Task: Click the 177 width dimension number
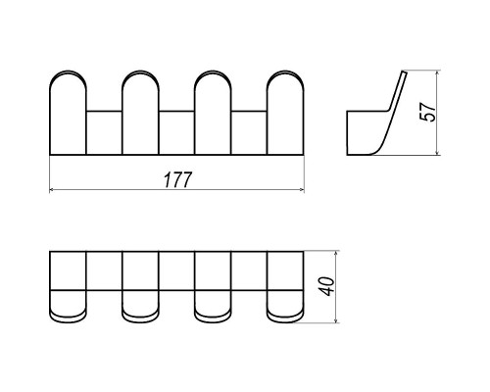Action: [177, 179]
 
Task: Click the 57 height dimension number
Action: [427, 112]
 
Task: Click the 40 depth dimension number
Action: [327, 286]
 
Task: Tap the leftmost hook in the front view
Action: [68, 112]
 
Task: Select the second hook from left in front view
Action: [140, 112]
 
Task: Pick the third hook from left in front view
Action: [213, 112]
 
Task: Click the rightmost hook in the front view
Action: [285, 112]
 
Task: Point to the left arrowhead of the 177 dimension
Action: [51, 189]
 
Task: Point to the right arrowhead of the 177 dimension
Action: [302, 189]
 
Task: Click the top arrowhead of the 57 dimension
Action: [437, 73]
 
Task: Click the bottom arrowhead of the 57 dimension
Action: [437, 152]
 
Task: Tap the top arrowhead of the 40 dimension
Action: [336, 254]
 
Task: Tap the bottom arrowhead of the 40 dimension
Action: [336, 320]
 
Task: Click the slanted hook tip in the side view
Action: [405, 73]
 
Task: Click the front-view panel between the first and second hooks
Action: [104, 132]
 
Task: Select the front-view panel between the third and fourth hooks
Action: [249, 132]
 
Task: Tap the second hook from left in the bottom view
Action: [140, 287]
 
